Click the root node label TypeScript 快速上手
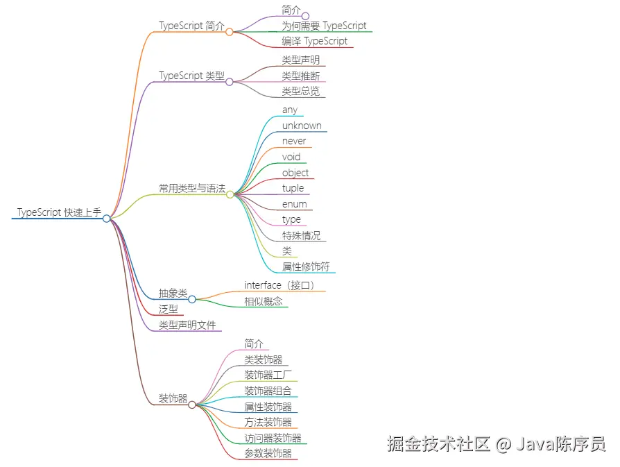[x=59, y=212]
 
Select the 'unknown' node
[x=302, y=126]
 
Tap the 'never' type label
[x=294, y=141]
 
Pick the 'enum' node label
[x=294, y=204]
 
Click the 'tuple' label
[x=293, y=188]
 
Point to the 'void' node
[x=291, y=157]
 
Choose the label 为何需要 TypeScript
[x=324, y=26]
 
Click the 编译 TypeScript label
[x=314, y=41]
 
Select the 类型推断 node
[x=300, y=76]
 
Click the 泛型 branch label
[x=169, y=309]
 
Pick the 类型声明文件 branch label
[x=187, y=324]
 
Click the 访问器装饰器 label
[x=273, y=438]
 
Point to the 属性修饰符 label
[x=305, y=266]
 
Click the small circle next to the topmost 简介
[x=305, y=16]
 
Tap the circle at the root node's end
[x=107, y=219]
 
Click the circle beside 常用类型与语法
[x=230, y=194]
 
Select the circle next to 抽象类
[x=192, y=299]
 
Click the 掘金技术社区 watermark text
[x=438, y=443]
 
